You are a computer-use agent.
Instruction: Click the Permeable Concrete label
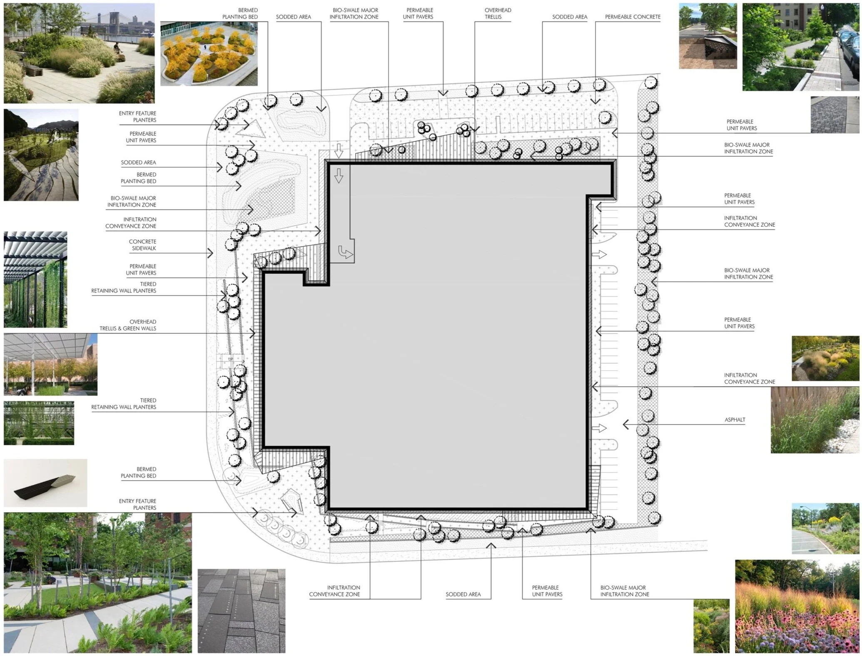[x=632, y=17]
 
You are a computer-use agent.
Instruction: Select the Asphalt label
[x=735, y=420]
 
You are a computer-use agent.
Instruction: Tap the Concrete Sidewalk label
[x=142, y=245]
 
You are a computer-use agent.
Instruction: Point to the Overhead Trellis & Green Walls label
[x=128, y=325]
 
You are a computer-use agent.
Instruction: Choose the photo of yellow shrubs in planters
[x=209, y=53]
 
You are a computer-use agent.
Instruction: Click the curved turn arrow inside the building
[x=345, y=252]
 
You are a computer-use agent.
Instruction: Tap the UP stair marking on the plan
[x=230, y=359]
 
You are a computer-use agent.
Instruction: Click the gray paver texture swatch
[x=835, y=115]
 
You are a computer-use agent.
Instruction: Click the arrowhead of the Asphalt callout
[x=625, y=424]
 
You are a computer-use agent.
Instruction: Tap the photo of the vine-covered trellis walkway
[x=35, y=279]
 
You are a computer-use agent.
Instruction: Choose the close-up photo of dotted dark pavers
[x=241, y=611]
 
